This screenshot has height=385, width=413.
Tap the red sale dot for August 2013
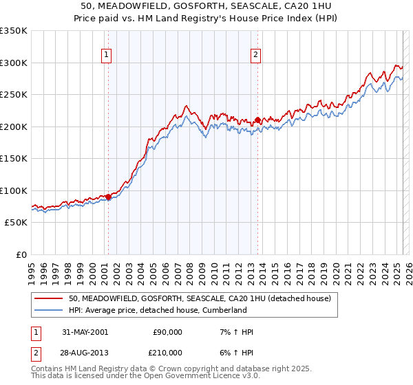257,120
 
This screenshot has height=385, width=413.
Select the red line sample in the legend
49,298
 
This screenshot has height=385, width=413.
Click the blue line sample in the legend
49,310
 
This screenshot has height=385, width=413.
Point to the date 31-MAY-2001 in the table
85,332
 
